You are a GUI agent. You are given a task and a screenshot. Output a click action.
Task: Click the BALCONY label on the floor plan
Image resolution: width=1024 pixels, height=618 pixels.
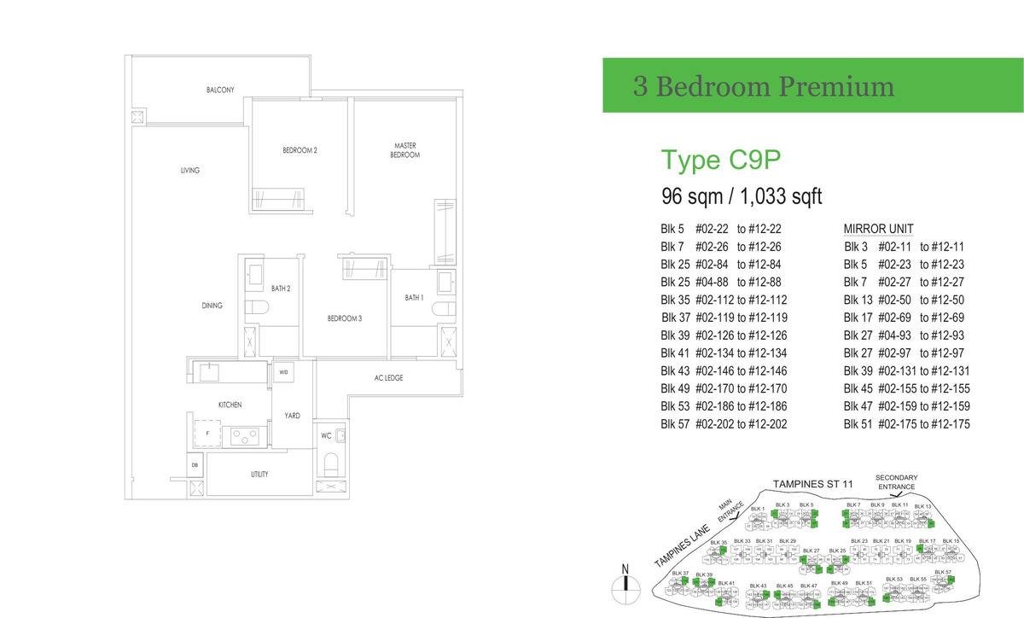point(219,90)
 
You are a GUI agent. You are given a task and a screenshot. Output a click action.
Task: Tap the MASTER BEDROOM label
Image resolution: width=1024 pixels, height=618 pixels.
point(404,150)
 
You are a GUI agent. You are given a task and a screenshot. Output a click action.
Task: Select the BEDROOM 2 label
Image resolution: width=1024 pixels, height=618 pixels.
point(300,150)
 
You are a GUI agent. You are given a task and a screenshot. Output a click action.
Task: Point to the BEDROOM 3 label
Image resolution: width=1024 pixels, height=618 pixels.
point(345,318)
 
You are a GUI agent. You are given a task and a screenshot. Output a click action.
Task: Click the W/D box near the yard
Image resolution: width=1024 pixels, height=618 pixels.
point(282,372)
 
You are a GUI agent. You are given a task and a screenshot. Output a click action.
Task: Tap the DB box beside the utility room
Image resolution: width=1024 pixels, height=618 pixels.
point(196,465)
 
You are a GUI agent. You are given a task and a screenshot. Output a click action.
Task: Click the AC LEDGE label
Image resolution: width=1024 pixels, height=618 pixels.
point(388,377)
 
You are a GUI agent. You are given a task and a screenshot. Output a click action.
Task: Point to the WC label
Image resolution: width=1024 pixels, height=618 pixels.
point(326,435)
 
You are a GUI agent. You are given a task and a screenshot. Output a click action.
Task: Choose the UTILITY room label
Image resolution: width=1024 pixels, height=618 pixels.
point(259,474)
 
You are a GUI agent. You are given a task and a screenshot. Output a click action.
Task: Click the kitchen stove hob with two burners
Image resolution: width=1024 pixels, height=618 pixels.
point(244,437)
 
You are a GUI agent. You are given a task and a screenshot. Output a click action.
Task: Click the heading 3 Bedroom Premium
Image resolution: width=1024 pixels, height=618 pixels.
point(763,86)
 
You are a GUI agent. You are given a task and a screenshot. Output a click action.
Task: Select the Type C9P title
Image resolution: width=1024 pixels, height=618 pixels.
point(721,160)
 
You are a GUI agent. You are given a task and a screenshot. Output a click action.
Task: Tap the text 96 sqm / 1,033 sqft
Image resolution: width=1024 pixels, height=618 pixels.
point(742,196)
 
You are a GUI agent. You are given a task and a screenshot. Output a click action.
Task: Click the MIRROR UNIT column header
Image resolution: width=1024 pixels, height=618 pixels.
point(878,229)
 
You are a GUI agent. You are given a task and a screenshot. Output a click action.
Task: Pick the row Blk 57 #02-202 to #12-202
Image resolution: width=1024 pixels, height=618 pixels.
point(723,424)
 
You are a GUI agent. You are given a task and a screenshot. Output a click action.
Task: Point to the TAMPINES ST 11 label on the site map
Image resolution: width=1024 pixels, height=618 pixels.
point(812,484)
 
